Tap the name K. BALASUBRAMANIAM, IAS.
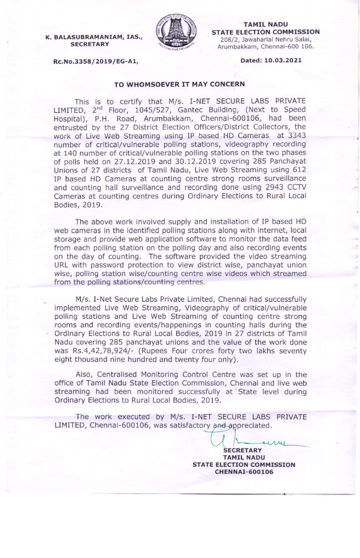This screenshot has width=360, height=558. [94, 37]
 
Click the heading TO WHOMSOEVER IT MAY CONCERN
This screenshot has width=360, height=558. [180, 84]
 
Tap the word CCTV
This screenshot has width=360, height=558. [298, 187]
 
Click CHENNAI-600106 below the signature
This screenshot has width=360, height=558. [244, 472]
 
